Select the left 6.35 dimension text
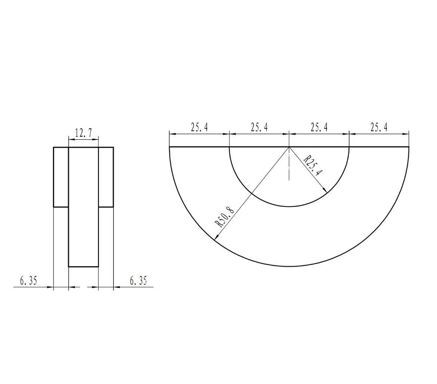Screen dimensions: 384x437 (x=28, y=281)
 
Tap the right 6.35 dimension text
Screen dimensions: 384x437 (x=139, y=281)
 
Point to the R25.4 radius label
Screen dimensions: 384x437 (x=313, y=166)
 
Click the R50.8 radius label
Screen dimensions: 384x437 (x=224, y=218)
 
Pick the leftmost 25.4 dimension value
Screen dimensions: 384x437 (x=199, y=128)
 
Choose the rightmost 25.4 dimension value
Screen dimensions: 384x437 (x=379, y=128)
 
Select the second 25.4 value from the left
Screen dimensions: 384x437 (x=259, y=128)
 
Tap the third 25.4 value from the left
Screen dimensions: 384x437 (x=319, y=128)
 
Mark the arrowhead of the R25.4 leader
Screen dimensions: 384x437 (x=325, y=191)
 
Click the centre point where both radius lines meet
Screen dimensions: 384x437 (x=289, y=147)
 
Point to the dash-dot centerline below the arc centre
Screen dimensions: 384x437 (x=289, y=168)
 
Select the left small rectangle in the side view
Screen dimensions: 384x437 (x=61, y=177)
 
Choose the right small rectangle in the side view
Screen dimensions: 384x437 (x=106, y=177)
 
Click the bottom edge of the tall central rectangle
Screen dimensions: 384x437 (x=83, y=267)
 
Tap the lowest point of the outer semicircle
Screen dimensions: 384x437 (x=289, y=266)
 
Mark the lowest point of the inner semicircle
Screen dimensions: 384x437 (x=289, y=207)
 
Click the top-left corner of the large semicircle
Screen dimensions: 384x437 (x=170, y=147)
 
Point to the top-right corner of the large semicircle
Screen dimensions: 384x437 (x=409, y=147)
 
